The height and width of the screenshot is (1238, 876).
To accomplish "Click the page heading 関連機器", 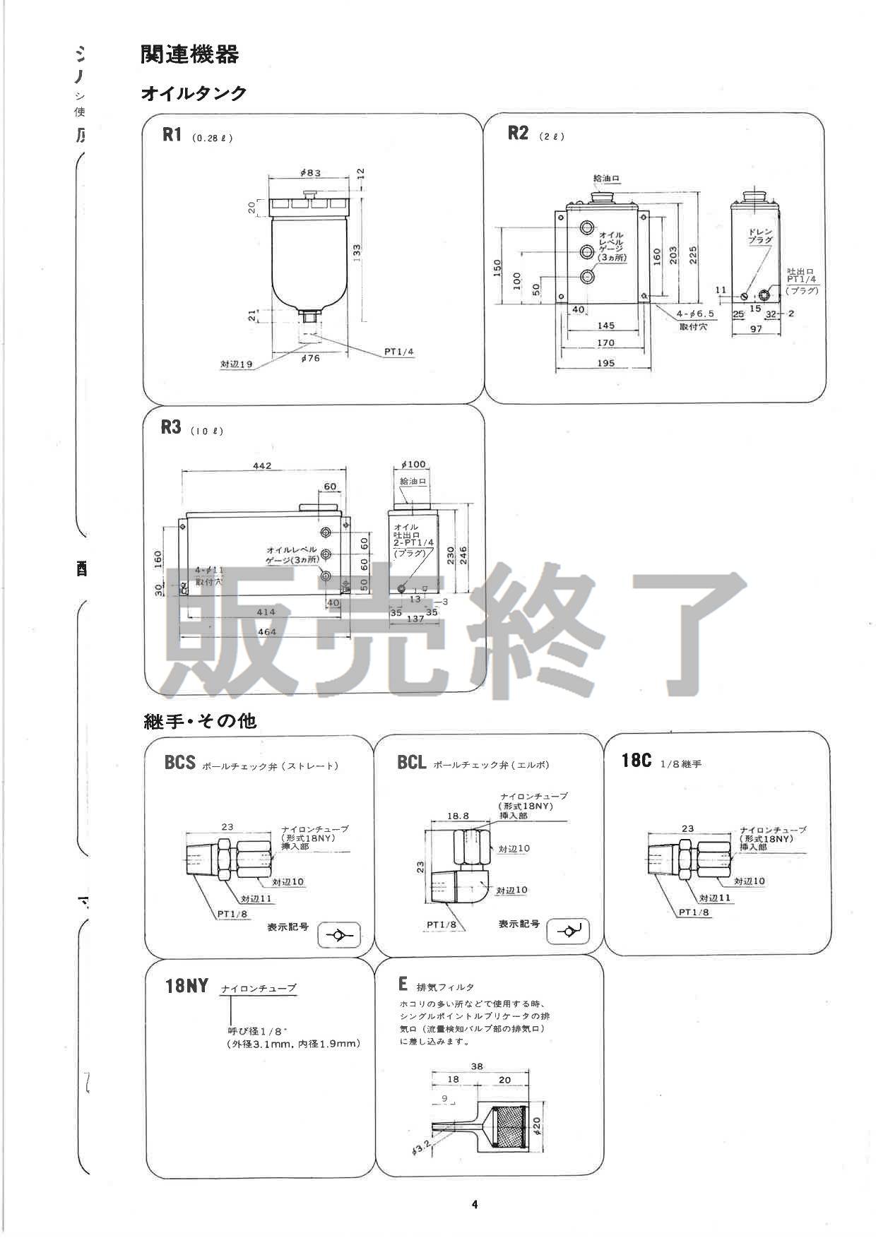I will click(x=189, y=54).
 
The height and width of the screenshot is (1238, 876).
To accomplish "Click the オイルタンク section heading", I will click(x=194, y=93).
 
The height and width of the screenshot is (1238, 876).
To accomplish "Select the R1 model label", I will click(x=172, y=135).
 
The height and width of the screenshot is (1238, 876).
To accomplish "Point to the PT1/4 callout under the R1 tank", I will click(x=398, y=351).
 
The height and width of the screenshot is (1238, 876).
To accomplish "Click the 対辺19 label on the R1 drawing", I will click(x=236, y=364).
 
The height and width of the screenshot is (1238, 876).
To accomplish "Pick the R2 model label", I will click(x=518, y=133).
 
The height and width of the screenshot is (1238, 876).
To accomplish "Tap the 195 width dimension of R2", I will click(x=605, y=363).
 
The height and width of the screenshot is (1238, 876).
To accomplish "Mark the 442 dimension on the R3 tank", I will click(x=261, y=465).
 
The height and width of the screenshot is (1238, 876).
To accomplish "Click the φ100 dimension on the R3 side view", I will click(x=413, y=464).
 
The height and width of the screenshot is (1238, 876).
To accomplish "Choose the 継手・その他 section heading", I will click(x=200, y=721).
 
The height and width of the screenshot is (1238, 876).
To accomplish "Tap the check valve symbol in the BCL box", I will click(x=568, y=932).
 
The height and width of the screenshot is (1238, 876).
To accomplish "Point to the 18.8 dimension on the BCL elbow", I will click(x=458, y=815).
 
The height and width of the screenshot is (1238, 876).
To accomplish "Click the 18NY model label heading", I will click(x=187, y=985).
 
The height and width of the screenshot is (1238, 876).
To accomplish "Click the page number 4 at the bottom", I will click(x=475, y=1205).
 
